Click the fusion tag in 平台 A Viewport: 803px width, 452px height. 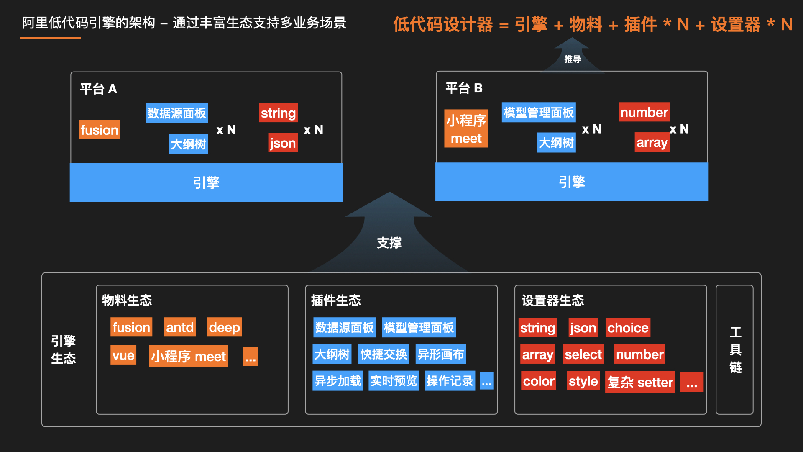99,130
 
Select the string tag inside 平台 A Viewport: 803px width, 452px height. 278,113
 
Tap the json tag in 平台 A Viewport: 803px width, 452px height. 283,143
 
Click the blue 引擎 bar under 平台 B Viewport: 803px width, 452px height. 571,182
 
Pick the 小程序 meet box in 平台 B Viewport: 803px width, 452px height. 466,129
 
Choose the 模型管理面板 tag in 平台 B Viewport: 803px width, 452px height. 538,112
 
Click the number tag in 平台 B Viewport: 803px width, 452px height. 644,112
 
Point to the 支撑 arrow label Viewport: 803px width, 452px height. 389,243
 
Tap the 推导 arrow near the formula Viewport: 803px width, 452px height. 572,59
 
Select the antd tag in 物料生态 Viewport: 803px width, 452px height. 180,327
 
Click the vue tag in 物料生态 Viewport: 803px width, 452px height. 123,355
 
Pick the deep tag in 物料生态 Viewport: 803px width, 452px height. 224,327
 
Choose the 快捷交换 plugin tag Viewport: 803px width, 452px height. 383,354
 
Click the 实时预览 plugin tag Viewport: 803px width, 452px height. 394,380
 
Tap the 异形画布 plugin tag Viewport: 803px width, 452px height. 440,354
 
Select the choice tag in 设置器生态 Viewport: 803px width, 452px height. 627,327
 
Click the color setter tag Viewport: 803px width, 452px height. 538,381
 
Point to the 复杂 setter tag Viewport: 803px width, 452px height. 639,382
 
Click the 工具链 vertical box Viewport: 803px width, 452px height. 734,349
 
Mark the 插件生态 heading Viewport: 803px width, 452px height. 335,300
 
